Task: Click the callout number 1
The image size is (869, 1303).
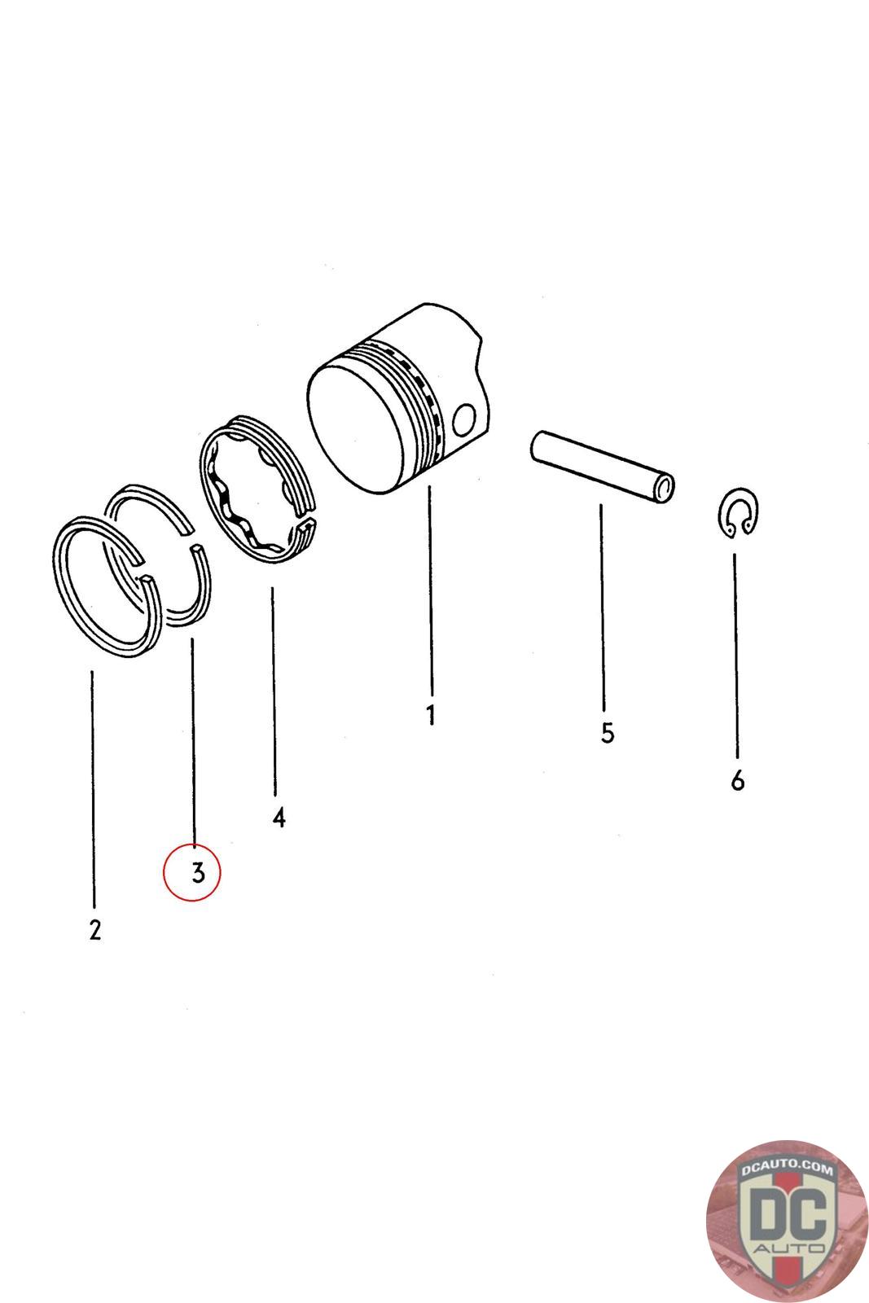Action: click(431, 714)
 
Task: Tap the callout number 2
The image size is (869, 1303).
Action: click(95, 929)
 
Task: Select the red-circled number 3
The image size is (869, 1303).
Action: click(199, 872)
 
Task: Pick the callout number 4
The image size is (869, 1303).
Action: click(279, 818)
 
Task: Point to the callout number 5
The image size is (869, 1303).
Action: click(608, 733)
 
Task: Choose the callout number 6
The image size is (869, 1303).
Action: click(738, 781)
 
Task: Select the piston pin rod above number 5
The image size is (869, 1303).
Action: click(602, 466)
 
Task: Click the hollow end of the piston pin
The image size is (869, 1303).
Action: click(663, 488)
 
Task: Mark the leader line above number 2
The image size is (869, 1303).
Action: click(93, 788)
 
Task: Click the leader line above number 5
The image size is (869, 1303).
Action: click(603, 608)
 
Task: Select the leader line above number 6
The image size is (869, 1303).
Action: click(735, 656)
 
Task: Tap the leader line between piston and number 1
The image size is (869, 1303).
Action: click(431, 590)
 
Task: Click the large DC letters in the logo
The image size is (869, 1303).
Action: click(788, 1213)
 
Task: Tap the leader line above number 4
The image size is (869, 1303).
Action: click(274, 691)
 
